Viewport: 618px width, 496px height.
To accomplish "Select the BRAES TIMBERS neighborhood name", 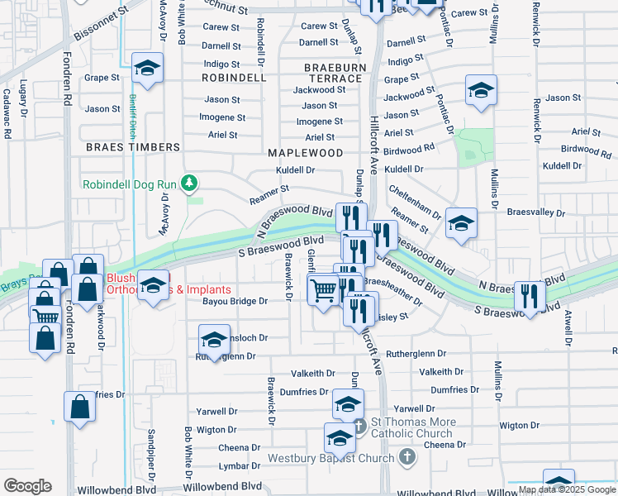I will tap(132, 147).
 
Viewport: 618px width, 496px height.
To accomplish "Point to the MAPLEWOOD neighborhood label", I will tap(305, 153).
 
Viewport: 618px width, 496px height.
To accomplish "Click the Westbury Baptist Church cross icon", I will tap(406, 456).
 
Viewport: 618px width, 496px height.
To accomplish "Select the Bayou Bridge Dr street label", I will tap(236, 302).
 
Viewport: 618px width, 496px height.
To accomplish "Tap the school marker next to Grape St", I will tap(148, 70).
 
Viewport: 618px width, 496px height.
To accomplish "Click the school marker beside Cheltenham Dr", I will tap(461, 222).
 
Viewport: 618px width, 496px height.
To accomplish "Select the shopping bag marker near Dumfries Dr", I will tap(79, 408).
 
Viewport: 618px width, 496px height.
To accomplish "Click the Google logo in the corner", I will tap(27, 486).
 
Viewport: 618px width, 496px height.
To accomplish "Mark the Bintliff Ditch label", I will tap(131, 116).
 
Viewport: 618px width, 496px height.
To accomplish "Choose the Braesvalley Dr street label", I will tap(537, 213).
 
